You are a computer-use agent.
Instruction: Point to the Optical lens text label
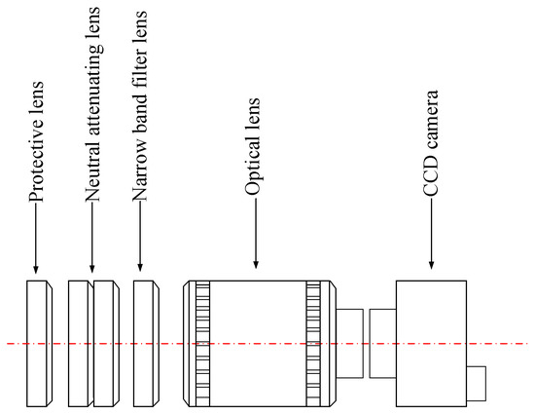tap(256, 145)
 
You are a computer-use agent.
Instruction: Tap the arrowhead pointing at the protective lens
tap(36, 268)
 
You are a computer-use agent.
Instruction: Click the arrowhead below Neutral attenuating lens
tap(93, 268)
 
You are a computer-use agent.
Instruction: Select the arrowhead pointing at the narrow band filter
tap(140, 268)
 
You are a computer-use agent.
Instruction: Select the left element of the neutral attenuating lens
tap(80, 343)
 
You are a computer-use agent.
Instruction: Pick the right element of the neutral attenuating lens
tap(105, 343)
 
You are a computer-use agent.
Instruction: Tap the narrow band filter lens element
tap(145, 343)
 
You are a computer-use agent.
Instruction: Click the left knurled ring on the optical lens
tap(202, 343)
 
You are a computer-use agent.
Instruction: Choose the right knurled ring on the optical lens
tap(313, 343)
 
